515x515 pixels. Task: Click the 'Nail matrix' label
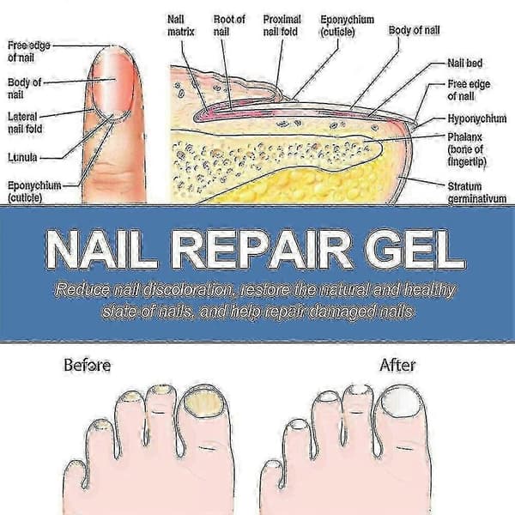coord(180,26)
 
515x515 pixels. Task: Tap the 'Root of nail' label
coord(229,26)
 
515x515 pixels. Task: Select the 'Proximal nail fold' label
coord(282,26)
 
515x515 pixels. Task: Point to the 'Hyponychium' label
coord(477,118)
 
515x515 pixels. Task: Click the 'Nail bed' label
coord(464,63)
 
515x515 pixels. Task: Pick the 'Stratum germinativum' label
coord(477,193)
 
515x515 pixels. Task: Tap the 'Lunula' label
coord(22,157)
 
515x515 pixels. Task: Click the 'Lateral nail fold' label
coord(25,123)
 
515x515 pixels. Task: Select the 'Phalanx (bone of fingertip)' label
coord(467,149)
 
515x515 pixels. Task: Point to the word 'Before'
coord(87,366)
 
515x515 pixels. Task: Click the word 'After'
coord(397,366)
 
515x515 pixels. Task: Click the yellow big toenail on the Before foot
coord(203,403)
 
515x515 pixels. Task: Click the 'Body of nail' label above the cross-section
coord(415,31)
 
